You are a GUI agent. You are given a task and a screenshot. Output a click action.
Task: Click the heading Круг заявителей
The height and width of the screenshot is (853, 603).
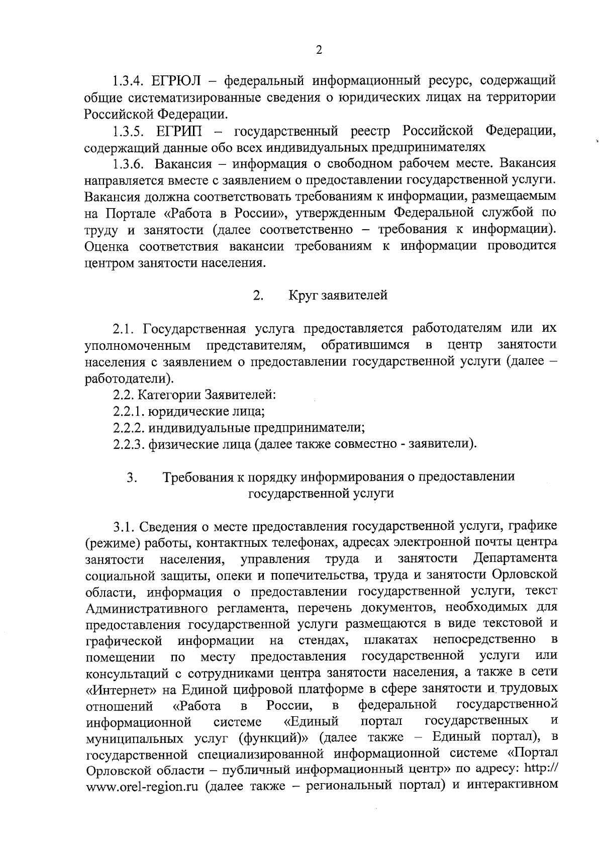tap(338, 295)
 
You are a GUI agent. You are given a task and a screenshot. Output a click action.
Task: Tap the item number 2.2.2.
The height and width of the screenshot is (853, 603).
tap(129, 428)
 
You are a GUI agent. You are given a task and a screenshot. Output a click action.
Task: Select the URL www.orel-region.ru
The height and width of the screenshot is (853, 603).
tap(142, 786)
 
